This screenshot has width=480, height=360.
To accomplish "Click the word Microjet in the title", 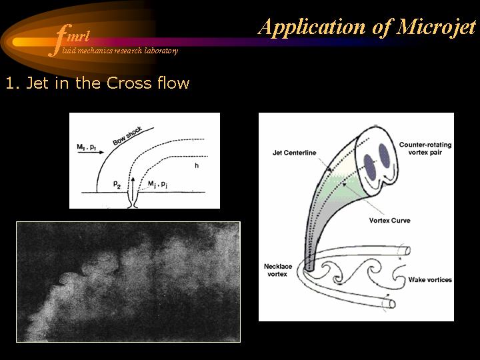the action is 436,27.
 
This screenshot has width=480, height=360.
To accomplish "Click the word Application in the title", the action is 312,27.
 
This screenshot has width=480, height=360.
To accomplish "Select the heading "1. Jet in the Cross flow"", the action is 97,83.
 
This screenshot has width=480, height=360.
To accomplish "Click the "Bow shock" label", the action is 127,136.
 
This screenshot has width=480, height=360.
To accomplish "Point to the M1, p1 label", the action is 86,147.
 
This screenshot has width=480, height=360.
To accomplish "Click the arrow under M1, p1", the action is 91,152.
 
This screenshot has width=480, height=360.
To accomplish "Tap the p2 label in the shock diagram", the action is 117,185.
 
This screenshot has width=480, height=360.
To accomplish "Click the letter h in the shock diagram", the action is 197,165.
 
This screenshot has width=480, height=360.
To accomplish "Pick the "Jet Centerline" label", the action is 294,153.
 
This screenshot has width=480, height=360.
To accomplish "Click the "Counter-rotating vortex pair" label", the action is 425,149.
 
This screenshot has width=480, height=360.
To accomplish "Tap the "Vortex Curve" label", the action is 390,221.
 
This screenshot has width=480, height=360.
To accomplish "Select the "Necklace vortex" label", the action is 277,270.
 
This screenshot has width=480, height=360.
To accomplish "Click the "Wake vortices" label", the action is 430,279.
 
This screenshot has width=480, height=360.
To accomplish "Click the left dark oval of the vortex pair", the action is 370,168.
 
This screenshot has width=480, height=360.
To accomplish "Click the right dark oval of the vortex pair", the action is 384,156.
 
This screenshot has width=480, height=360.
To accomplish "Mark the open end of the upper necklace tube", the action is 407,251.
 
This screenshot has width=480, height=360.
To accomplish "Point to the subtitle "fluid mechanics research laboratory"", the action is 120,51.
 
